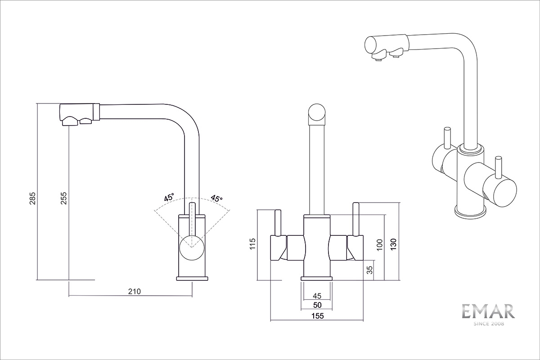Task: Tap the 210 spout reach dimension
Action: [x=134, y=291]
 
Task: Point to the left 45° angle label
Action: [x=169, y=198]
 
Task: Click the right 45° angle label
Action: [x=217, y=198]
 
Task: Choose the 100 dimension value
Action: [x=379, y=244]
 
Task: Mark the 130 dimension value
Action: [x=394, y=243]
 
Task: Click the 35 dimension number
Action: [x=369, y=270]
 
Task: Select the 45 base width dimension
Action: [x=317, y=296]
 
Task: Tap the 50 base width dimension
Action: [x=317, y=305]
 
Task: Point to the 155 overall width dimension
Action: [x=317, y=316]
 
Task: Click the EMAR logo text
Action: [x=488, y=311]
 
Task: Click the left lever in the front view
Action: [x=278, y=222]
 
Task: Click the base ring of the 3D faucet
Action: [x=471, y=211]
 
